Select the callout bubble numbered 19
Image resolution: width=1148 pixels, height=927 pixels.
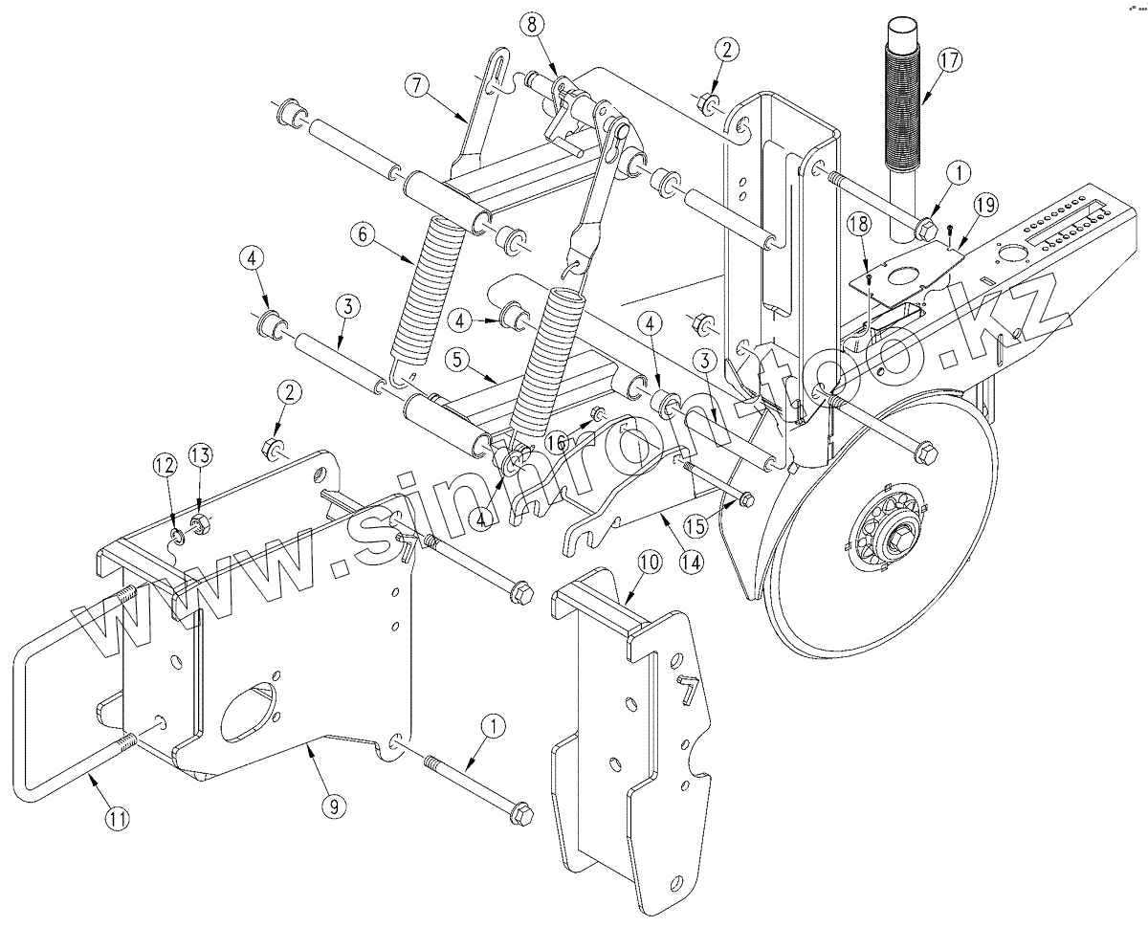[985, 203]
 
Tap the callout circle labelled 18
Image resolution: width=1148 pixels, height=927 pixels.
[859, 223]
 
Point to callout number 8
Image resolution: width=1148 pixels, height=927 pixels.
[533, 25]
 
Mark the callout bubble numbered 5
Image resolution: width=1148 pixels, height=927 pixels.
[456, 361]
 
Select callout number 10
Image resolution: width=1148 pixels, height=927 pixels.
[649, 564]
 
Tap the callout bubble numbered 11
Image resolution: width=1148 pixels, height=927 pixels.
[117, 819]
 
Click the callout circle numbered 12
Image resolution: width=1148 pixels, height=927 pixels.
[165, 466]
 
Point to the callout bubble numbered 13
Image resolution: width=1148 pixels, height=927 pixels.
[198, 455]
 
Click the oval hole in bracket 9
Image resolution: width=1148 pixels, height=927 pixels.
[249, 706]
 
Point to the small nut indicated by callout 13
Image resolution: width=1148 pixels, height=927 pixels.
[199, 523]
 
